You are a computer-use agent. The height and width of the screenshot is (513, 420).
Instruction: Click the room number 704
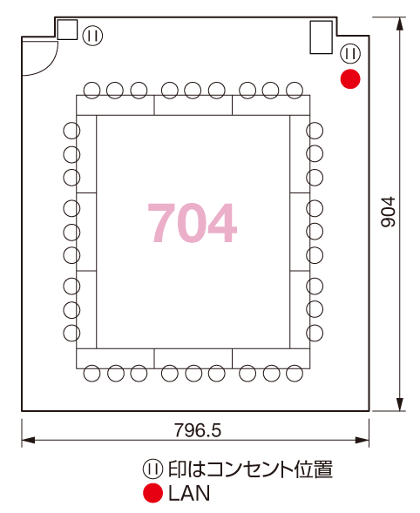click(x=193, y=223)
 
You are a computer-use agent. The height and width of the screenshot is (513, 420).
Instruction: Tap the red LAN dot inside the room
click(x=350, y=79)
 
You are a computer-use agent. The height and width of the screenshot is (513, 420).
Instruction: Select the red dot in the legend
click(x=152, y=493)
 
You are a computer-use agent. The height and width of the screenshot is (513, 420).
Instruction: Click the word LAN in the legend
click(x=189, y=493)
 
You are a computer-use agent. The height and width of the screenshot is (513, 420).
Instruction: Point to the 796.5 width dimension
click(x=198, y=430)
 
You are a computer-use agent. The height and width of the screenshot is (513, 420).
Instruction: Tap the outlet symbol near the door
click(x=92, y=36)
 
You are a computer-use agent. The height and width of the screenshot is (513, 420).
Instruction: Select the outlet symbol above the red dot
click(x=350, y=53)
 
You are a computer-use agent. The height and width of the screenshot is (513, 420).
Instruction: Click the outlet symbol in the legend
click(x=152, y=469)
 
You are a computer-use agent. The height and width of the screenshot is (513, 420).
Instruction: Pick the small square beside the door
click(x=67, y=30)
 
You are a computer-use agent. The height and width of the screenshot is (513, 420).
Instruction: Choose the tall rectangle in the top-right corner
click(x=322, y=37)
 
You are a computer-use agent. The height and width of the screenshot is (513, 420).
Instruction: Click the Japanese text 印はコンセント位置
click(x=250, y=469)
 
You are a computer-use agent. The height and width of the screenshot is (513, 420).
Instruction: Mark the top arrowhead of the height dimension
click(x=399, y=24)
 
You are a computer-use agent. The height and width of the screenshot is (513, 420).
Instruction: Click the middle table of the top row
click(x=193, y=105)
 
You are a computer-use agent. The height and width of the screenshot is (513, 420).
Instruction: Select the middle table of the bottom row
click(x=193, y=359)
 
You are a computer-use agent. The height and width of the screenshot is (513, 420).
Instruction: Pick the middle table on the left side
click(x=86, y=232)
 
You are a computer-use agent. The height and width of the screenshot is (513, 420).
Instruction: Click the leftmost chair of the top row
click(x=91, y=91)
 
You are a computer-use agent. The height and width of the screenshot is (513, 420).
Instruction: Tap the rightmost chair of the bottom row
click(x=295, y=374)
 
